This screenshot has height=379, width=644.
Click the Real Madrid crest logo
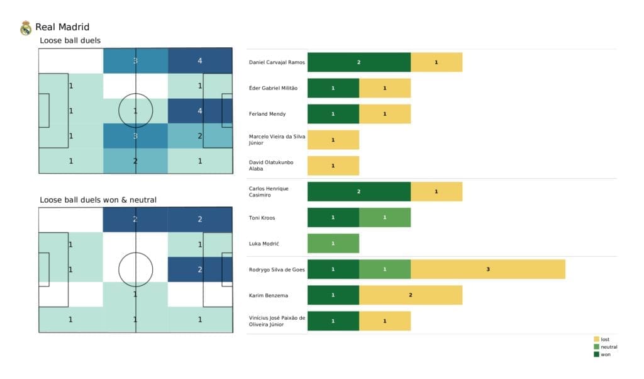(x=26, y=28)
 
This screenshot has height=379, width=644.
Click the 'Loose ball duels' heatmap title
(x=70, y=41)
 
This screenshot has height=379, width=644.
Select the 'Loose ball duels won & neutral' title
(x=98, y=200)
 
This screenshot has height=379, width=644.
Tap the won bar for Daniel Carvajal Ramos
(x=358, y=62)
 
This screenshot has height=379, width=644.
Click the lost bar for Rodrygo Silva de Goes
(x=488, y=269)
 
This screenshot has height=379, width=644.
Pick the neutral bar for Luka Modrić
(x=333, y=243)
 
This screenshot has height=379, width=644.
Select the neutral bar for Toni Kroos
(x=384, y=217)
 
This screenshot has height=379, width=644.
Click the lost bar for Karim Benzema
(x=410, y=295)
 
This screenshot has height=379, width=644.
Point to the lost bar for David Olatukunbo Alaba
(x=333, y=166)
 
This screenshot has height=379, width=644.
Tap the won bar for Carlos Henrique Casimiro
(x=358, y=191)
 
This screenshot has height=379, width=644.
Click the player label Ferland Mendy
(x=267, y=114)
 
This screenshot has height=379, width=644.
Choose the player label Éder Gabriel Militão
(x=274, y=88)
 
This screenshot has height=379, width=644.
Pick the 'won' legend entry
(x=602, y=354)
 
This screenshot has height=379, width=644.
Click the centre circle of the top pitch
(x=135, y=111)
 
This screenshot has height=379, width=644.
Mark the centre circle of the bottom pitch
(x=135, y=269)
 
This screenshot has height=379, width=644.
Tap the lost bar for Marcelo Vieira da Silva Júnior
(x=333, y=140)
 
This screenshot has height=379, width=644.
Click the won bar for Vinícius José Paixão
(x=333, y=320)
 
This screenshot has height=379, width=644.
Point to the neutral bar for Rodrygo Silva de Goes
(x=384, y=269)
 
